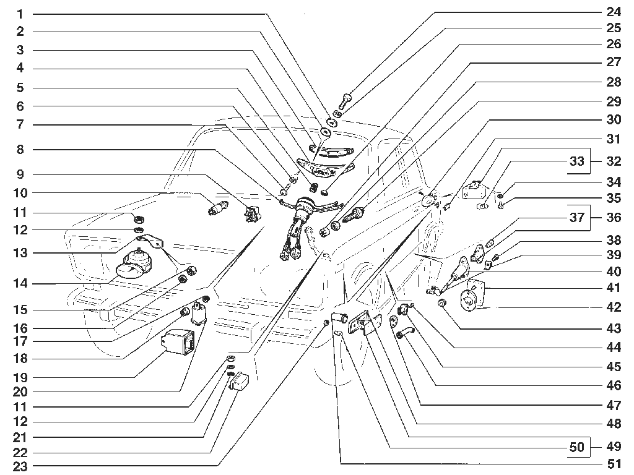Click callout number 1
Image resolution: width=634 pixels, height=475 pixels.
pyautogui.click(x=20, y=15)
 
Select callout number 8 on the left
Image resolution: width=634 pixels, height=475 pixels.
pyautogui.click(x=20, y=150)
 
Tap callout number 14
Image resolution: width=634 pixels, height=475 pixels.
pyautogui.click(x=20, y=283)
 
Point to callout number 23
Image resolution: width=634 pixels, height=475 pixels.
pyautogui.click(x=20, y=467)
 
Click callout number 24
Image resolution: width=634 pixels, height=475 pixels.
pyautogui.click(x=614, y=12)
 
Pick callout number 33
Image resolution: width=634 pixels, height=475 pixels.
pyautogui.click(x=577, y=161)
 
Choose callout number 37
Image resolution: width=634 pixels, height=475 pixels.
pyautogui.click(x=577, y=217)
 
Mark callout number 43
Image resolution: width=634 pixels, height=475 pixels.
pyautogui.click(x=614, y=328)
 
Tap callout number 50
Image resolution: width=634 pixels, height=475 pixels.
pyautogui.click(x=577, y=447)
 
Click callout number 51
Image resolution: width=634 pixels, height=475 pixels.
pyautogui.click(x=614, y=464)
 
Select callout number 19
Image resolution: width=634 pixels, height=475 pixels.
pyautogui.click(x=20, y=378)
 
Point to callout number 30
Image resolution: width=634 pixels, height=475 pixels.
pyautogui.click(x=614, y=119)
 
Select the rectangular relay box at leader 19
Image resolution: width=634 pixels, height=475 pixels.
pyautogui.click(x=178, y=343)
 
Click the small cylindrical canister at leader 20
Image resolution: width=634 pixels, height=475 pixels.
pyautogui.click(x=199, y=313)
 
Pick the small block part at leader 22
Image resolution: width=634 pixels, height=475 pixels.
pyautogui.click(x=240, y=381)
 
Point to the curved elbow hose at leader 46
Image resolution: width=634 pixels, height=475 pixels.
pyautogui.click(x=405, y=332)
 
